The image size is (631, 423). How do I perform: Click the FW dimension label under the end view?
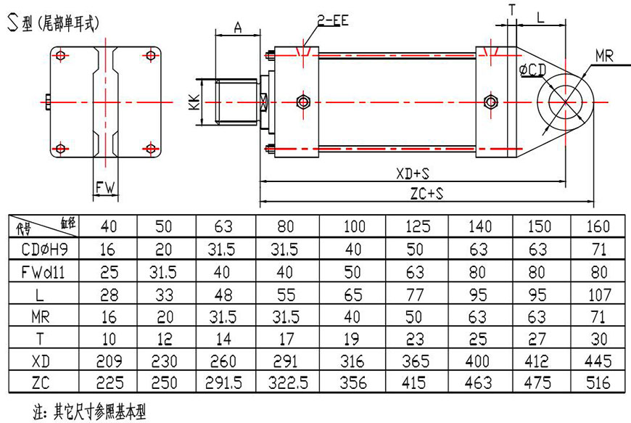[x=106, y=188]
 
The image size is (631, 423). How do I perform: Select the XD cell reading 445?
[x=596, y=361]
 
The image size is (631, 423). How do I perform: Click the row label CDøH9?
[x=43, y=250]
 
